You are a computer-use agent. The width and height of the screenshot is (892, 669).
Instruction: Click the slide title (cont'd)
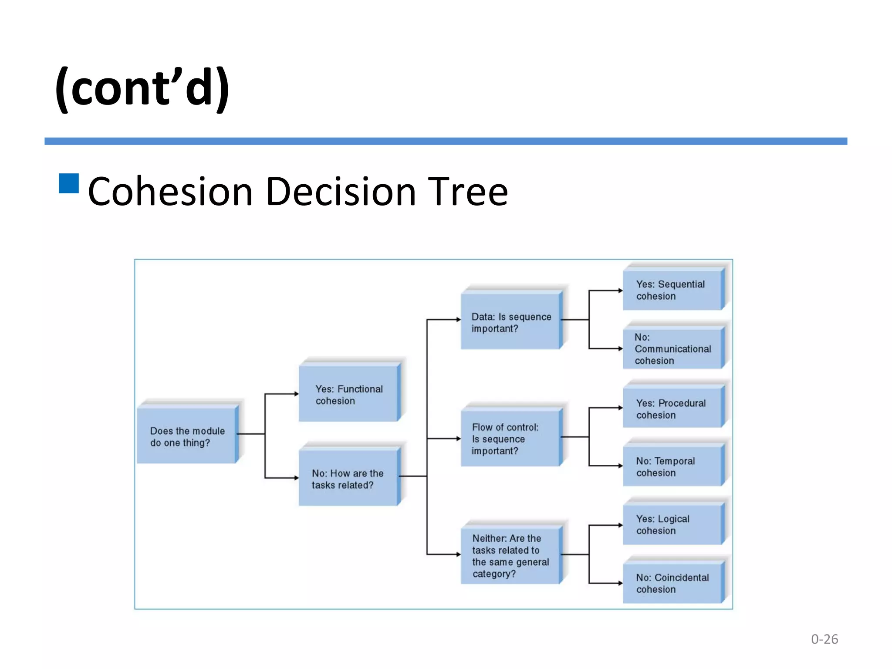(x=142, y=88)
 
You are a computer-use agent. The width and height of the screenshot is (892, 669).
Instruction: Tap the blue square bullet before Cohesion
(x=69, y=183)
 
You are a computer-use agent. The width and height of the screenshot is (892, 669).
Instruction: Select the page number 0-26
(x=824, y=639)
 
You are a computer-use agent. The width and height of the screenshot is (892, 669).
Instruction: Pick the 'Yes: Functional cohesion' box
(x=348, y=394)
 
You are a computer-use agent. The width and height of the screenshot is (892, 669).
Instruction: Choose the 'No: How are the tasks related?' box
(x=348, y=478)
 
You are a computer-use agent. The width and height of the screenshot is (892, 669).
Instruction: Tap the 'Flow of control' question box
(x=510, y=438)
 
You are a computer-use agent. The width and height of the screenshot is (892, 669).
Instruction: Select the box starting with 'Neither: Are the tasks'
(x=510, y=555)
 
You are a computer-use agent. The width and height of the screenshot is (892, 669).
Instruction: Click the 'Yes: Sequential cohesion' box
(x=672, y=290)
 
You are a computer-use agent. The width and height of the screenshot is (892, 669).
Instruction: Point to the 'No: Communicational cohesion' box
(x=672, y=348)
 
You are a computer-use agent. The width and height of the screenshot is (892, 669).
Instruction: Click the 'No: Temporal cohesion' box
(x=672, y=466)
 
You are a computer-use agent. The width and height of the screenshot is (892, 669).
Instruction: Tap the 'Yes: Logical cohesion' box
(x=672, y=524)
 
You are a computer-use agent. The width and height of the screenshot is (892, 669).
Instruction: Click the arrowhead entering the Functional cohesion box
(x=296, y=394)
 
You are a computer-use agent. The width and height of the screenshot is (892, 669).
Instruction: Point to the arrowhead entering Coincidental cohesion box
(x=620, y=583)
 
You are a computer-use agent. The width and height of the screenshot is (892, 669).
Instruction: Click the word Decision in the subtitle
(x=341, y=192)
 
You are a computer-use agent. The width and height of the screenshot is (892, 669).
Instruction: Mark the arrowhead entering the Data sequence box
(x=458, y=320)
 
